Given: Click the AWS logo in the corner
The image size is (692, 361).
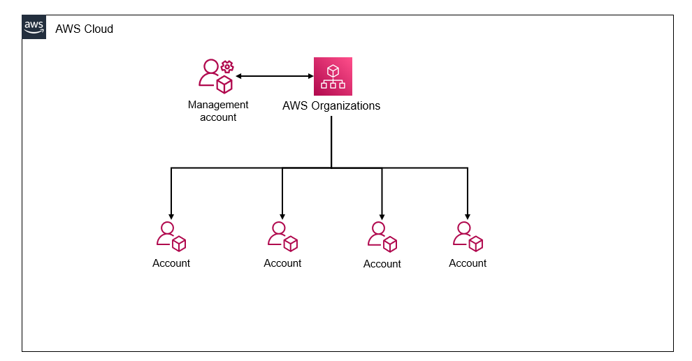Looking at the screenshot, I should pyautogui.click(x=34, y=27).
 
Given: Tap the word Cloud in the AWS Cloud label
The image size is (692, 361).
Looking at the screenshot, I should pyautogui.click(x=99, y=29).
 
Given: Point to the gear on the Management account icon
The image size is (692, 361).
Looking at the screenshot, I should pyautogui.click(x=226, y=67).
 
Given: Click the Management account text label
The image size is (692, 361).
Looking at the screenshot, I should pyautogui.click(x=218, y=111).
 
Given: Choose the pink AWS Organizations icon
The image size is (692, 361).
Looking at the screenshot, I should pyautogui.click(x=333, y=76).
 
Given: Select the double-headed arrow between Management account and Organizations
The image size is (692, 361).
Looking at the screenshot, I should pyautogui.click(x=274, y=75).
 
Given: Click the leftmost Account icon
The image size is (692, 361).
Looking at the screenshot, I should pyautogui.click(x=171, y=237).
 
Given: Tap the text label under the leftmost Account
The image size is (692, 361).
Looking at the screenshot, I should pyautogui.click(x=171, y=263).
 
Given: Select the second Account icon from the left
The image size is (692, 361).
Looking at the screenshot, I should pyautogui.click(x=282, y=237).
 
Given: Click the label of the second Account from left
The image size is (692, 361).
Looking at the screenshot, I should pyautogui.click(x=282, y=263).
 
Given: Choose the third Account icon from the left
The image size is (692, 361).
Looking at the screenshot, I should pyautogui.click(x=382, y=237).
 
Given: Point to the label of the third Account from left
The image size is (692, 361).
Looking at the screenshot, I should pyautogui.click(x=382, y=264).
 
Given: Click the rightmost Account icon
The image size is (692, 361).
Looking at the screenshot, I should pyautogui.click(x=468, y=237).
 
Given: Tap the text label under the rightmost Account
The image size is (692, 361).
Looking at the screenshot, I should pyautogui.click(x=468, y=263).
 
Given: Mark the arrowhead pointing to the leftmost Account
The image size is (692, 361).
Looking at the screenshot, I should pyautogui.click(x=171, y=215).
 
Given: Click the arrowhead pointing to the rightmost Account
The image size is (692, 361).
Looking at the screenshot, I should pyautogui.click(x=468, y=215).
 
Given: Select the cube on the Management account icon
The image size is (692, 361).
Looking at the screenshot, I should pyautogui.click(x=224, y=85).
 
